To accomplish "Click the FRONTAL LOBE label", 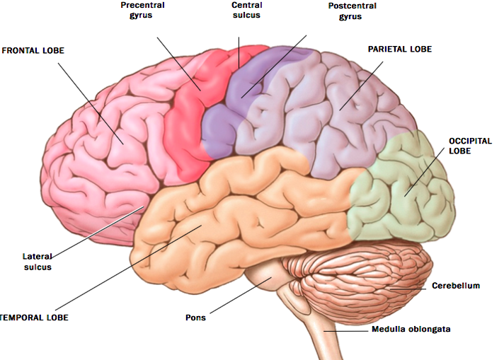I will click(x=33, y=51).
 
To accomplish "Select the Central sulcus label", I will click(x=246, y=11).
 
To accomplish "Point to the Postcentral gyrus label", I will click(x=352, y=11).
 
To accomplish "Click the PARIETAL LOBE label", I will click(x=399, y=50).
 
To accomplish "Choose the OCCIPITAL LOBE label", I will click(x=469, y=146).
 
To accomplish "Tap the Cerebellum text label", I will click(x=456, y=286).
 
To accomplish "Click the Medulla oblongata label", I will click(x=411, y=330).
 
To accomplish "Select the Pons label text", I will click(x=196, y=318).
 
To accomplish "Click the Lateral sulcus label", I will click(x=37, y=262).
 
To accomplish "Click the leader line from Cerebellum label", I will click(x=411, y=288).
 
